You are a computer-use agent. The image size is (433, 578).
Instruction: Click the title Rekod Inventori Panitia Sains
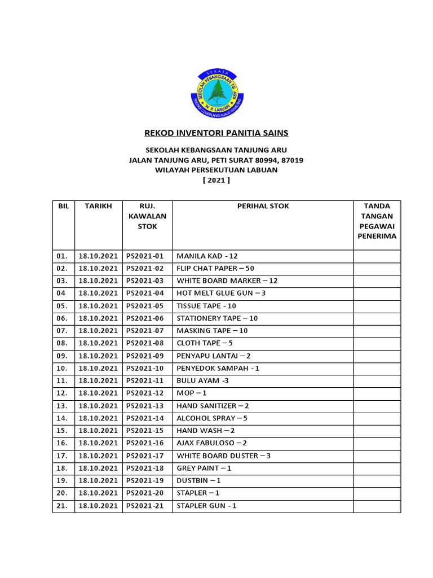click(216, 133)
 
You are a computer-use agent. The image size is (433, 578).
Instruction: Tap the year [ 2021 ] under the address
click(216, 180)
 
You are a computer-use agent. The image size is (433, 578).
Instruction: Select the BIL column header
click(63, 207)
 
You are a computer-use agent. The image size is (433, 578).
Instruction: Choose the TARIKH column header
click(99, 207)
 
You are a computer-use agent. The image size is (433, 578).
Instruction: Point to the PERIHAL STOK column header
click(263, 207)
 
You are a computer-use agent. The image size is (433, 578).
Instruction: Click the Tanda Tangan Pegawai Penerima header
click(377, 221)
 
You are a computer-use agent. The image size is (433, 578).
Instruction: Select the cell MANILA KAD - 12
click(207, 256)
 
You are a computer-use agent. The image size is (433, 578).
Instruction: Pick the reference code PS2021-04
click(145, 294)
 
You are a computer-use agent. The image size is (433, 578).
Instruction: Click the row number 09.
click(61, 356)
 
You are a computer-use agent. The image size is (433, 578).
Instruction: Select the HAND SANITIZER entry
click(213, 406)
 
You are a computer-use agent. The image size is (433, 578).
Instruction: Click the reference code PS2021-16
click(145, 443)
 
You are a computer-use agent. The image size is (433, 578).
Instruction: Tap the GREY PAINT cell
click(204, 468)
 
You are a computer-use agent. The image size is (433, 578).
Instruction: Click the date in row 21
click(99, 506)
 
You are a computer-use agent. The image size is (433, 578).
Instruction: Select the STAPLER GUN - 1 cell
click(206, 506)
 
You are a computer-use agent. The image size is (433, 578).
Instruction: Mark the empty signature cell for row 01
click(377, 256)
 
